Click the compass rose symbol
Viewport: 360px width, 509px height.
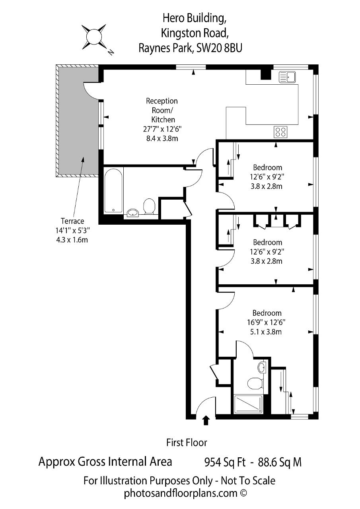pos(93,37)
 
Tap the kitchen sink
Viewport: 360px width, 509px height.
pos(287,77)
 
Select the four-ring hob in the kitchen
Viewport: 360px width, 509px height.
pos(280,132)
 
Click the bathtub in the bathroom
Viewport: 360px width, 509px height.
pos(114,190)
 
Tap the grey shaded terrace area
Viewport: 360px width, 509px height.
pos(78,120)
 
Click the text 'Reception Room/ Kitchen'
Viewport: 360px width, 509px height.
pos(162,110)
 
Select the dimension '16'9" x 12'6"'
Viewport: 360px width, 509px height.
pos(266,322)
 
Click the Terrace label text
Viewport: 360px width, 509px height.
pos(72,221)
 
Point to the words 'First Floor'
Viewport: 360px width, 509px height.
pos(187,443)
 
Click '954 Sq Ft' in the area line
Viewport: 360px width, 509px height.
pos(225,462)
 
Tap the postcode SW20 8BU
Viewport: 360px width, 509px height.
pos(219,48)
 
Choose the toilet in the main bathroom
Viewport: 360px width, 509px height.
pos(149,206)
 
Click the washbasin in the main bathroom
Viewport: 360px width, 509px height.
pos(134,213)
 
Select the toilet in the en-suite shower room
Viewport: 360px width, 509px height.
pos(255,383)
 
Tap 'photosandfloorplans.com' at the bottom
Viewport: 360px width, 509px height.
pos(181,493)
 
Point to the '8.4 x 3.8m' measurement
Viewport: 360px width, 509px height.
pos(162,138)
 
